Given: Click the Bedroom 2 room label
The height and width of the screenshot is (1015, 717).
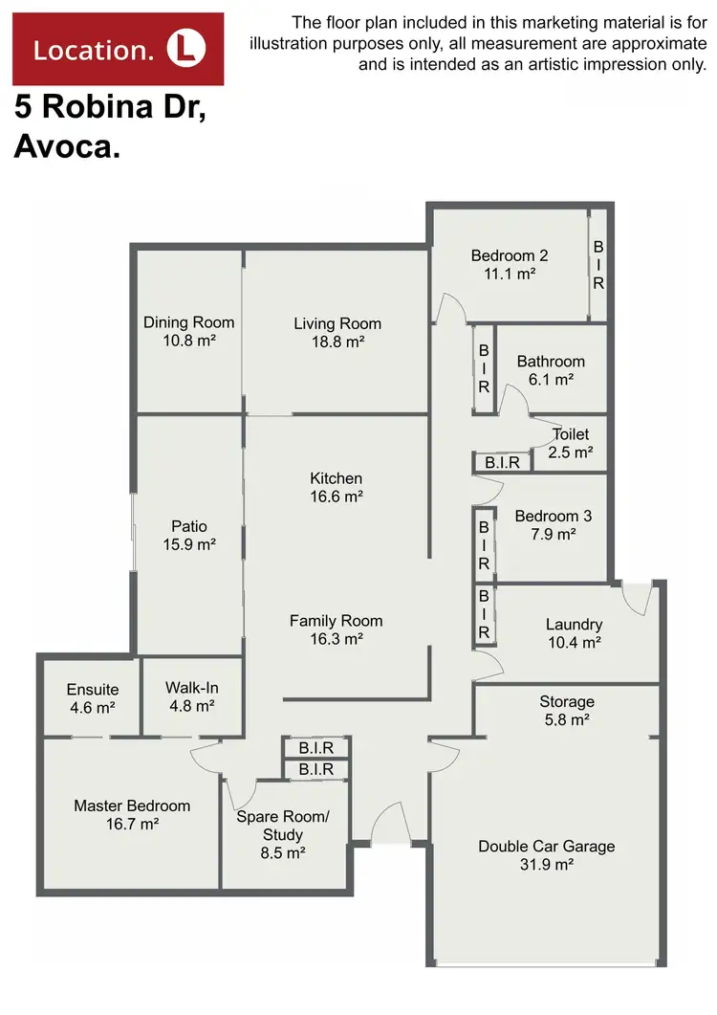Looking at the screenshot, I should (509, 255).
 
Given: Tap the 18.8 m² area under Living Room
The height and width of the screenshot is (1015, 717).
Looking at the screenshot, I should (337, 342).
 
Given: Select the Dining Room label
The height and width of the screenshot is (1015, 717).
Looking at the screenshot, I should (188, 322).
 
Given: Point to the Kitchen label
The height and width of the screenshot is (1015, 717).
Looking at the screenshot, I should (336, 478).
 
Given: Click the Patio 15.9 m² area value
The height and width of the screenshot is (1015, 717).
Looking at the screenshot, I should (188, 544).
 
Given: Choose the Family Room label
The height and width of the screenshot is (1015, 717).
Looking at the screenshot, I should (336, 621).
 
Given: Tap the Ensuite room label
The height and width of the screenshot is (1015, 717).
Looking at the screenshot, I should (92, 690).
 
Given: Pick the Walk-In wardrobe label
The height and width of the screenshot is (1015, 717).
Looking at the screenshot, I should (191, 688).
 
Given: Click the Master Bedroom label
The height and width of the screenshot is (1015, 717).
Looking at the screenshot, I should (132, 805).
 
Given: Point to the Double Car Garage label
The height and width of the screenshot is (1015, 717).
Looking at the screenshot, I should (546, 846).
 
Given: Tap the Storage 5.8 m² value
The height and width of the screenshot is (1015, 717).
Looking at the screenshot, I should (567, 719).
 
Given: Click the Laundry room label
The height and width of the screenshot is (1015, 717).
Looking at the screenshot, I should (574, 625).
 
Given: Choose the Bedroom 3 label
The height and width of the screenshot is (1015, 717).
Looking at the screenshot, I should (553, 517).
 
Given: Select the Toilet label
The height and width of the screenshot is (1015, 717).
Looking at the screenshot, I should (571, 434).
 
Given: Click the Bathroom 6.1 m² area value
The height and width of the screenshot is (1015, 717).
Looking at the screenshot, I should (551, 380).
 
